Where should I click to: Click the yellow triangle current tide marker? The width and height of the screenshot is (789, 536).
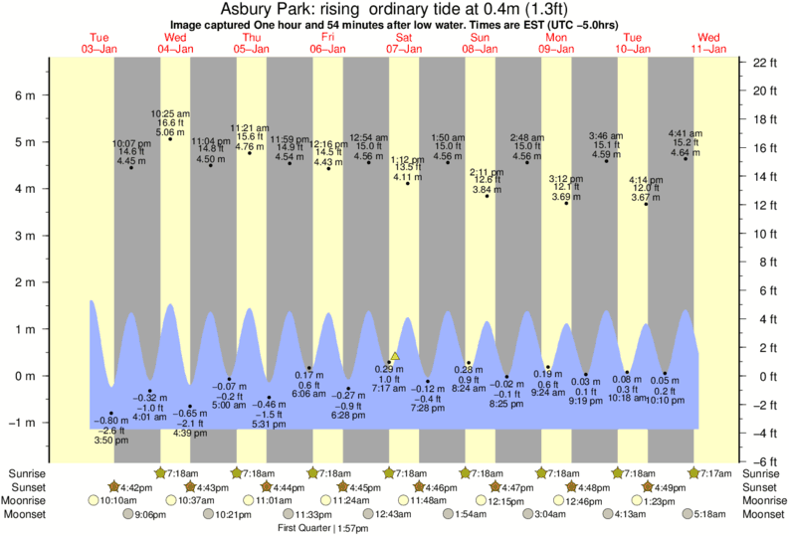tap(395, 355)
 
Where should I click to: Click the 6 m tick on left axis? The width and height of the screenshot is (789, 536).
tap(25, 96)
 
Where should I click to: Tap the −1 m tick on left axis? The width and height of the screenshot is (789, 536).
tap(22, 423)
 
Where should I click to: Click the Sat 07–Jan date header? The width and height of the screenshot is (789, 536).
tap(405, 43)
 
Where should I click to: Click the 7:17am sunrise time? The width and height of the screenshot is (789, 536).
tap(717, 473)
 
